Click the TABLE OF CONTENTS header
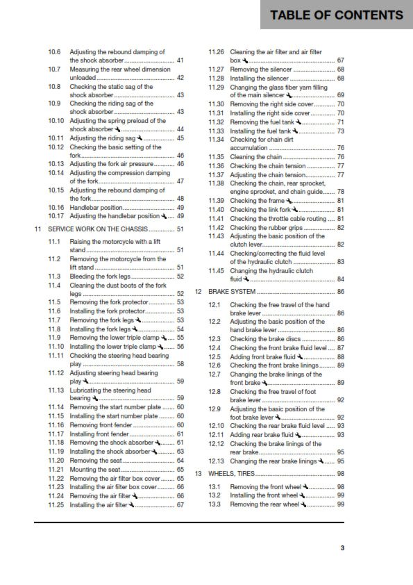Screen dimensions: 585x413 tap(336, 15)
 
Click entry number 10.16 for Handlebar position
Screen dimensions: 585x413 tap(56, 208)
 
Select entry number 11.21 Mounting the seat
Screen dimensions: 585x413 tap(56, 470)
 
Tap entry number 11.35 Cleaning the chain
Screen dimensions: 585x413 tap(217, 157)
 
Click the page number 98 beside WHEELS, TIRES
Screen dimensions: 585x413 tap(340, 474)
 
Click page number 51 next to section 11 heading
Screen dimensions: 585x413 tap(180, 229)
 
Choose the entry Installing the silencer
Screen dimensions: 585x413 tap(261, 79)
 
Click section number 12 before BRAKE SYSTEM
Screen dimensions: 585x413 tap(199, 292)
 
